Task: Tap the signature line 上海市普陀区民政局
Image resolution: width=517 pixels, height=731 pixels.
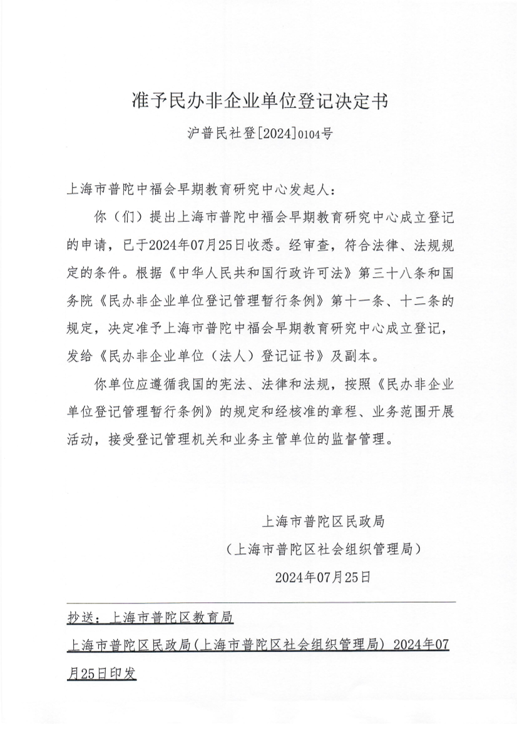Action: (x=323, y=520)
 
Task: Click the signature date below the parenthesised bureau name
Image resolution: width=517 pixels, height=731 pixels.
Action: (x=323, y=576)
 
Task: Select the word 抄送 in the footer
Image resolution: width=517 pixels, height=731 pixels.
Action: (x=80, y=618)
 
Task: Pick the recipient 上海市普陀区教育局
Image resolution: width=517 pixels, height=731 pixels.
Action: (x=170, y=618)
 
